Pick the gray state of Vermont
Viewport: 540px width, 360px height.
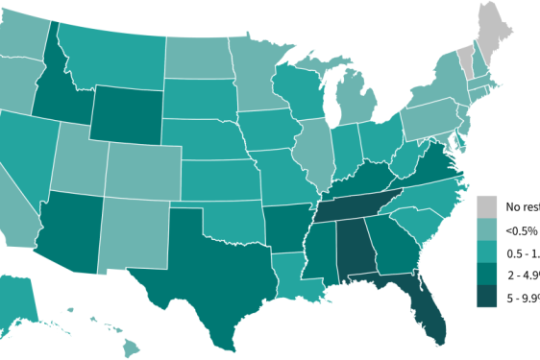pyautogui.click(x=466, y=60)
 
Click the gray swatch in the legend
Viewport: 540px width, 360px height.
pyautogui.click(x=487, y=205)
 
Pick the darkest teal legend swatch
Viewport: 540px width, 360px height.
pyautogui.click(x=487, y=297)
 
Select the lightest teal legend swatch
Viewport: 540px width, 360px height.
pyautogui.click(x=487, y=229)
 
